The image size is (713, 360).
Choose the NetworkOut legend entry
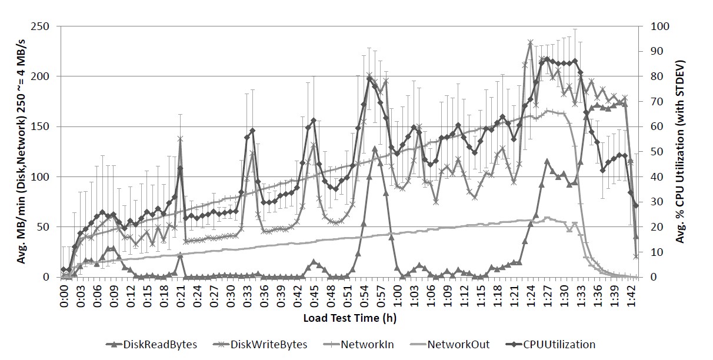458,345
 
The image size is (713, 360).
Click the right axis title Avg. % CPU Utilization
681,152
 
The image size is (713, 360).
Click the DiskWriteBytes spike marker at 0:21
180,139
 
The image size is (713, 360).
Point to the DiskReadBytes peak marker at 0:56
375,149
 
